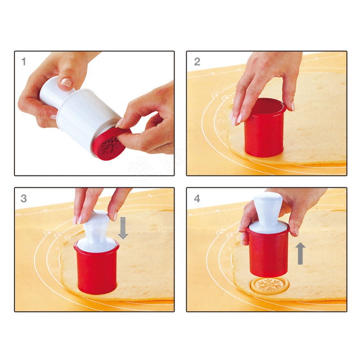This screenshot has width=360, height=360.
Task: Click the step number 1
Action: tap(23, 62)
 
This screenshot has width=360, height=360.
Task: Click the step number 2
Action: tap(197, 62)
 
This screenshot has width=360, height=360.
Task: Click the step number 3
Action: tap(24, 198)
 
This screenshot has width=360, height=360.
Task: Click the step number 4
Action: tap(197, 198)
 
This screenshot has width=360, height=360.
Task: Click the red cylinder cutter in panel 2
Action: tap(265, 130)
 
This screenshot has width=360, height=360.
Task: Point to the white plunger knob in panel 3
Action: tap(96, 225)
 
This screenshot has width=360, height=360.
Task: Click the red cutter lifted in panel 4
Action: tap(269, 254)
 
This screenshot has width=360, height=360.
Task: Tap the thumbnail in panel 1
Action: tap(66, 83)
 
